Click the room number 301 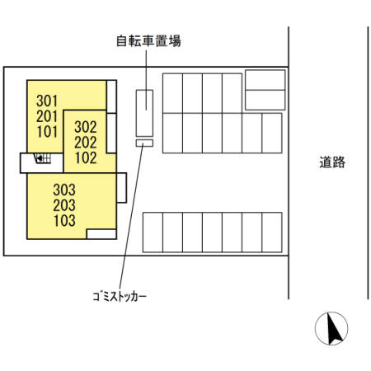point(47,101)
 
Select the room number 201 point(47,116)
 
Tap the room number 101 point(47,132)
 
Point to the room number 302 point(86,127)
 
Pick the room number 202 point(86,143)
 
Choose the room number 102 point(86,157)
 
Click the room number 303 point(64,190)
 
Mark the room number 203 point(64,205)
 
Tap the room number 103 point(64,220)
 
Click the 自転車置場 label point(148,41)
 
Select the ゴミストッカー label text point(120,297)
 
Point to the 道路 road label point(332,162)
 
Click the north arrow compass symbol point(331,328)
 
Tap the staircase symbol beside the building point(43,158)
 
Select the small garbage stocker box point(144,143)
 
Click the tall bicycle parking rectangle point(144,113)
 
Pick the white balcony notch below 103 point(101,234)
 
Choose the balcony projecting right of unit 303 point(121,188)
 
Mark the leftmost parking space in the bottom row point(153,232)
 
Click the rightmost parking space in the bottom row point(272,232)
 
